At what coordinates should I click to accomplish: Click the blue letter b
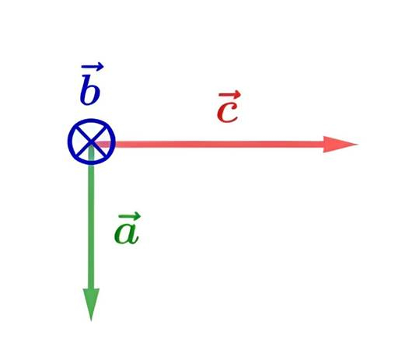tap(90, 90)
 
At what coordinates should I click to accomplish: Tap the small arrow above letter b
tap(93, 66)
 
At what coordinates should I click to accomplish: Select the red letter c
tap(227, 112)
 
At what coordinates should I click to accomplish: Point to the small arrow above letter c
tap(230, 94)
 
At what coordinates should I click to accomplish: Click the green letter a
tap(127, 232)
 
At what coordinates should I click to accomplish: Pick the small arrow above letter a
tap(129, 215)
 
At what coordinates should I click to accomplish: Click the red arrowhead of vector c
tap(340, 145)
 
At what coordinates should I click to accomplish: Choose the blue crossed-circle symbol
tap(92, 142)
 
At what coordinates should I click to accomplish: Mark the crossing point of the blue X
tap(92, 142)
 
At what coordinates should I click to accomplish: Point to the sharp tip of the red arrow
tap(358, 145)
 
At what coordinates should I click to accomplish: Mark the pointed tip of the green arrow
tap(91, 321)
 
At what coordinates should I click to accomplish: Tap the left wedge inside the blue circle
tap(79, 142)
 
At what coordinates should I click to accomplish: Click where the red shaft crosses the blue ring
tap(113, 145)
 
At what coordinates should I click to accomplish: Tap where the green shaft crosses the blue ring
tap(91, 163)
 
